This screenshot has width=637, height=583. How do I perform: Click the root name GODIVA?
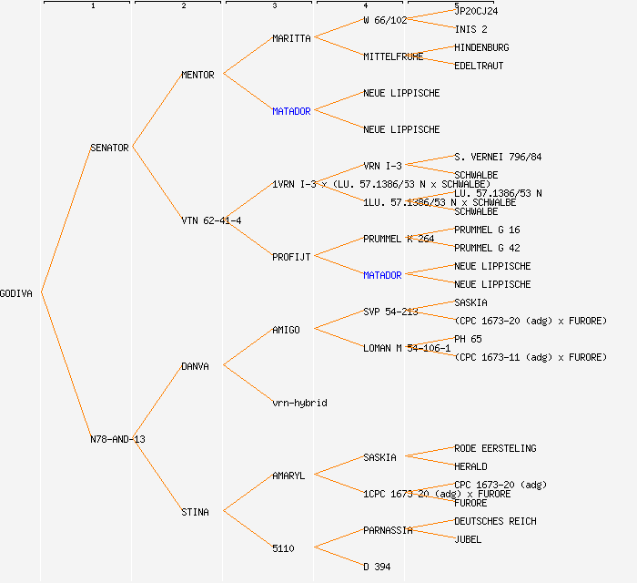(x=16, y=293)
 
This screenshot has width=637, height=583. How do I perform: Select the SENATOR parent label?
(x=109, y=148)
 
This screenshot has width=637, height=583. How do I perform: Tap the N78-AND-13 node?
(x=117, y=439)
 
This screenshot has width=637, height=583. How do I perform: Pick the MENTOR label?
(x=197, y=75)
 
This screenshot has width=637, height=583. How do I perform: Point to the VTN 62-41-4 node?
(x=211, y=220)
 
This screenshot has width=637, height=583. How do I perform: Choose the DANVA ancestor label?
(x=195, y=366)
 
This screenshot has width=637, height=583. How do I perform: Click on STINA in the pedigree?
(x=195, y=512)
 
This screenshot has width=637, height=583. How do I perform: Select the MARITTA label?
(x=291, y=38)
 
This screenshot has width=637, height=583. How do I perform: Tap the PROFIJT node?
(x=291, y=257)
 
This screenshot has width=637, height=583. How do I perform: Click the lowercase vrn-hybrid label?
(x=299, y=403)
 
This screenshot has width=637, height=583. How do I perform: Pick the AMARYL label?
(x=288, y=476)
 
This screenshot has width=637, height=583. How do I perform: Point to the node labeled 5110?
(x=283, y=548)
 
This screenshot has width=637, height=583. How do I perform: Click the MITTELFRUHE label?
(x=393, y=56)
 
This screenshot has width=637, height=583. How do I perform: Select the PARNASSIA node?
(x=388, y=530)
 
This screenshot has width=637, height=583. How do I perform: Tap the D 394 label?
(x=377, y=567)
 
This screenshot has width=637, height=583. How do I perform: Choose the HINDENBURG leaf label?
(x=481, y=47)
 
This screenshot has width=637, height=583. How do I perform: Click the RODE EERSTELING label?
(x=495, y=448)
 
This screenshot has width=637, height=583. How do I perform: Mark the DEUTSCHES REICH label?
(x=495, y=521)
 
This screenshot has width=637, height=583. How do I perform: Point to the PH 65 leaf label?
(x=468, y=339)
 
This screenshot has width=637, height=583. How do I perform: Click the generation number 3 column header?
(x=274, y=6)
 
